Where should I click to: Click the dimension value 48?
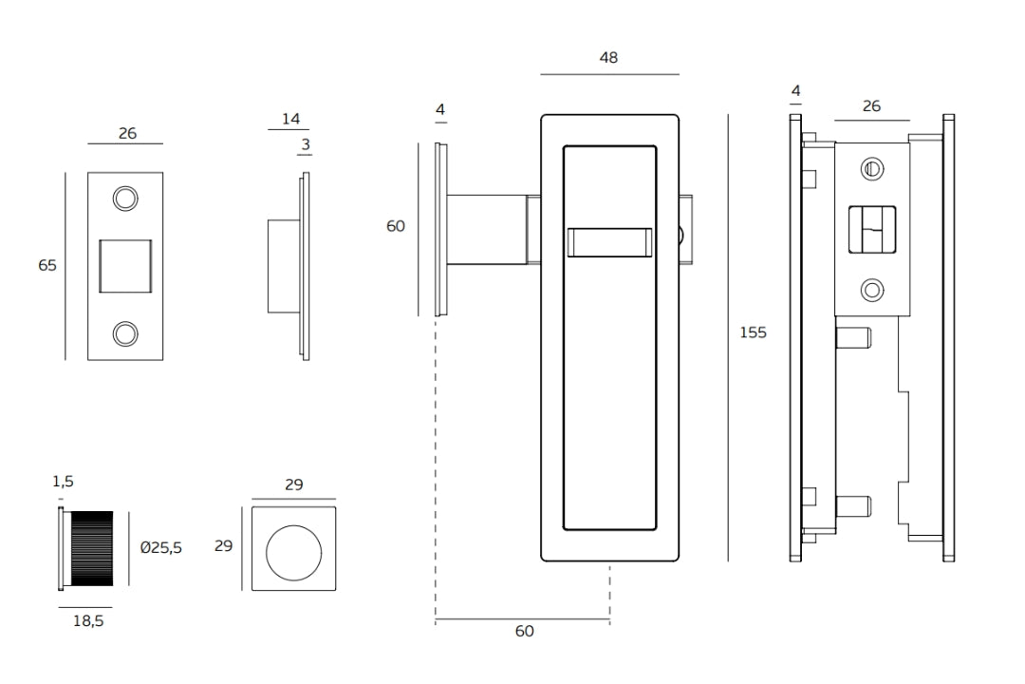point(608,58)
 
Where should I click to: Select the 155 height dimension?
point(753,332)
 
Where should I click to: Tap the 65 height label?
point(47,266)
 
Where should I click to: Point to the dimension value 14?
point(290,119)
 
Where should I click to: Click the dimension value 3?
point(306,144)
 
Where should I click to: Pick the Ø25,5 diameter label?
point(161,548)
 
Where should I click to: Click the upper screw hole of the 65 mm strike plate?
point(124,198)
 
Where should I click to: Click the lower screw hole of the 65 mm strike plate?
point(124,332)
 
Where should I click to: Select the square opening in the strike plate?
point(125,265)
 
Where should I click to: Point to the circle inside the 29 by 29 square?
point(293,549)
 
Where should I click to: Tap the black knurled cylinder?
point(91,548)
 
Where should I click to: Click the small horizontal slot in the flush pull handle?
point(608,242)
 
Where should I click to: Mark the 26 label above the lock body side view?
point(871,106)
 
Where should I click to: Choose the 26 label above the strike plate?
point(126,134)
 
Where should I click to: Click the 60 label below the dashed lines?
point(524,632)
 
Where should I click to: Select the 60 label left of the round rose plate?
point(395,227)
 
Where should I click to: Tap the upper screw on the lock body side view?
point(871,170)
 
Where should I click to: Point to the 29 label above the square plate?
point(293,484)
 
